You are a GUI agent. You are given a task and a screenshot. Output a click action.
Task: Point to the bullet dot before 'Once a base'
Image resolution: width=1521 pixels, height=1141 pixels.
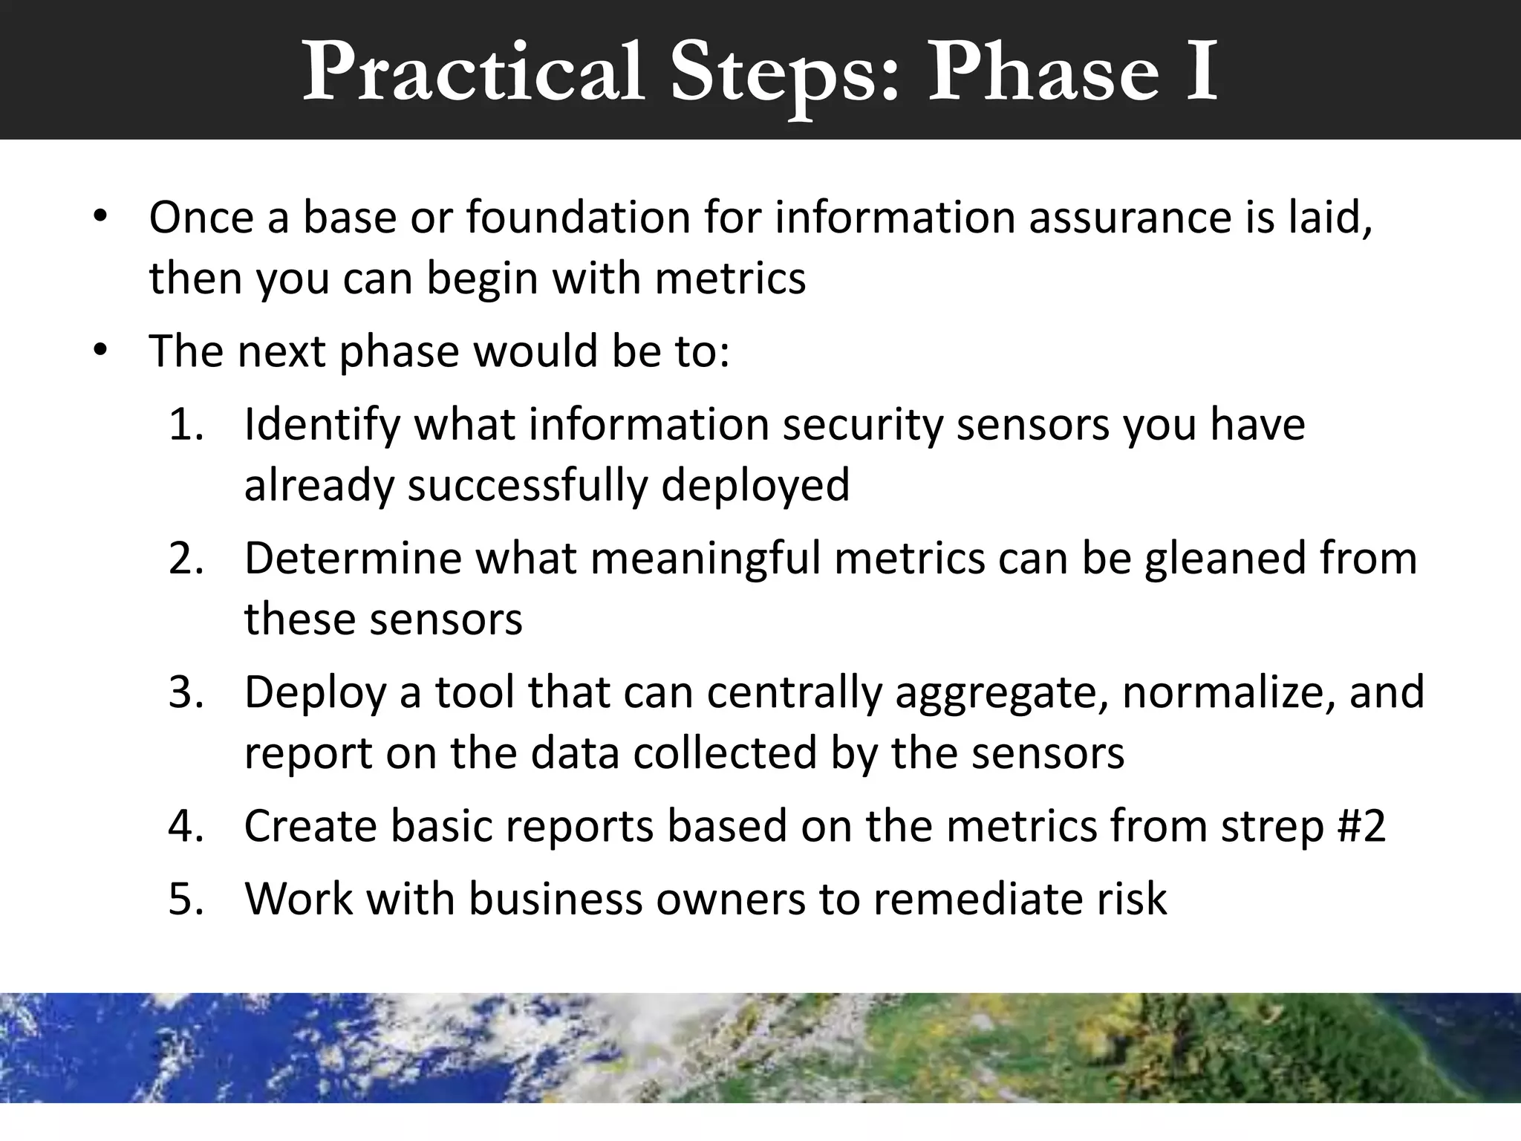click(101, 218)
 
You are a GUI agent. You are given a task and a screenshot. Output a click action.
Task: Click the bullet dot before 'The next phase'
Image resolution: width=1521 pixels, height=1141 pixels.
click(101, 350)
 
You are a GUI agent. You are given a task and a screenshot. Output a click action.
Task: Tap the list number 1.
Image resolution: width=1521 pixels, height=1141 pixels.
click(185, 424)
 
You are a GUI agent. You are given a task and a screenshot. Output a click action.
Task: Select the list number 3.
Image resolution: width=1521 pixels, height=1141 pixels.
click(185, 692)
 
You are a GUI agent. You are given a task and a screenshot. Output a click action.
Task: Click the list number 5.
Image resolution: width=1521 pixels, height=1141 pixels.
click(185, 899)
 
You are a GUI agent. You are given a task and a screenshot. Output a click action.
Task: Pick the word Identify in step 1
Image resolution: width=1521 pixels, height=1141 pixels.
click(322, 426)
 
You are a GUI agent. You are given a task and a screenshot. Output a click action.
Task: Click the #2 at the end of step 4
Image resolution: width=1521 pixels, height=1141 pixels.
click(1361, 826)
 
